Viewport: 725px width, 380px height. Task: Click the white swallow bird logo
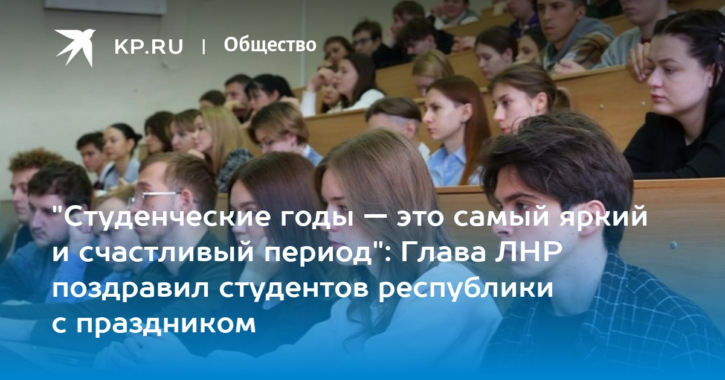click(x=75, y=47)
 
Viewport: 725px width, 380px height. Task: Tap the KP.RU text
click(x=149, y=46)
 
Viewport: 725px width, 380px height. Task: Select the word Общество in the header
click(x=270, y=45)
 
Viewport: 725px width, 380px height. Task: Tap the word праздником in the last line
click(x=166, y=325)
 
